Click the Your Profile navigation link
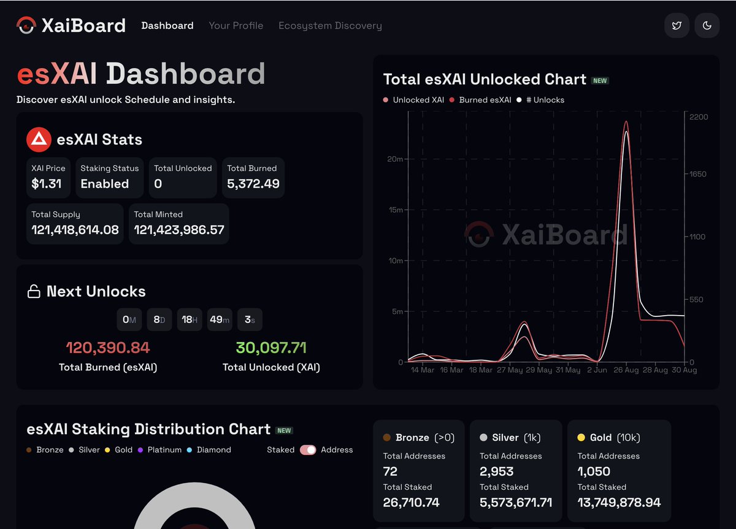[x=236, y=26]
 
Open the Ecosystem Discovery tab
[x=330, y=26]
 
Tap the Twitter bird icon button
[x=677, y=26]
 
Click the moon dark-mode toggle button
[x=707, y=26]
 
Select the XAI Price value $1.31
[x=47, y=184]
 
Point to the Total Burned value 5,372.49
[x=253, y=184]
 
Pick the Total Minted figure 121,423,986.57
[x=179, y=230]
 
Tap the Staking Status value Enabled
[x=105, y=184]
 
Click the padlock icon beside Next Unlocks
[x=34, y=292]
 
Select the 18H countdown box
[x=190, y=319]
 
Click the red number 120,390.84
[x=108, y=348]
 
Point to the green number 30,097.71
[x=271, y=348]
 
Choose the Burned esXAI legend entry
[x=481, y=100]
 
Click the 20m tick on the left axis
[x=395, y=159]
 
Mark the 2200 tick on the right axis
[x=699, y=117]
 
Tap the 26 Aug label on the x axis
[x=626, y=370]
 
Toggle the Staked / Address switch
[x=308, y=450]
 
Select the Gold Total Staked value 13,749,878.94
[x=619, y=503]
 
